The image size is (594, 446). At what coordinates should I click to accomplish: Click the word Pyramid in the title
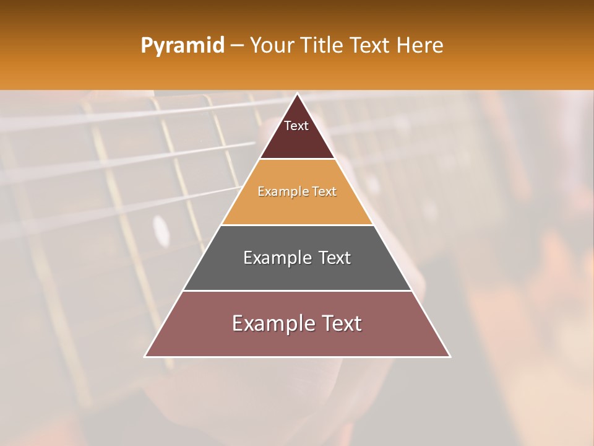click(182, 46)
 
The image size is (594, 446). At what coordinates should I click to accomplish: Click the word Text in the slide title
click(370, 45)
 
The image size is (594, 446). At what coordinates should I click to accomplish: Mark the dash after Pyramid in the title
click(236, 46)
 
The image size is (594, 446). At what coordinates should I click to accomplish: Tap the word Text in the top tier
click(296, 126)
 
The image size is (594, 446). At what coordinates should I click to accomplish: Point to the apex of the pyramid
click(298, 95)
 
